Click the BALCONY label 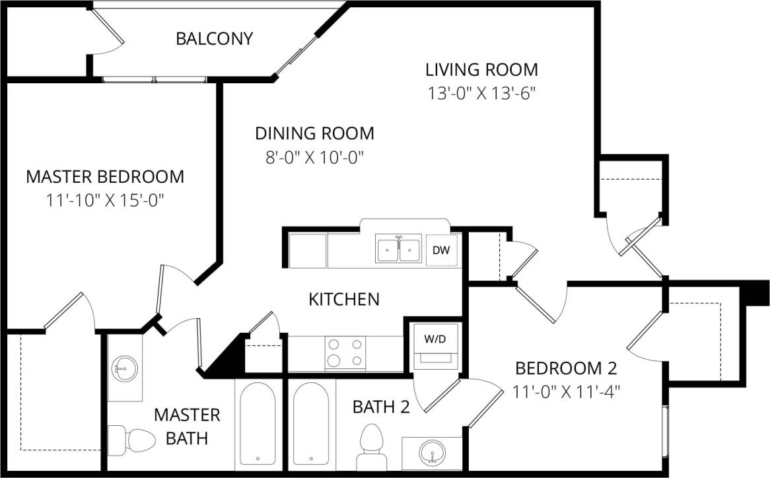[x=214, y=39]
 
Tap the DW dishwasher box [x=441, y=250]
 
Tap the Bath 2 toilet [x=371, y=444]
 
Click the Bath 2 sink [x=432, y=453]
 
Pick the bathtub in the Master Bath [x=258, y=424]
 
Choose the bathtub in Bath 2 [x=311, y=424]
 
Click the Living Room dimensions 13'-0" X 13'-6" [x=481, y=93]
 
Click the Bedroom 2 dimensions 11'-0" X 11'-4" [x=566, y=391]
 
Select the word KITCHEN [x=344, y=299]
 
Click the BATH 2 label [x=381, y=407]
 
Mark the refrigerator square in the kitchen [x=308, y=250]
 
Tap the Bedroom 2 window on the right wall [x=666, y=429]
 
